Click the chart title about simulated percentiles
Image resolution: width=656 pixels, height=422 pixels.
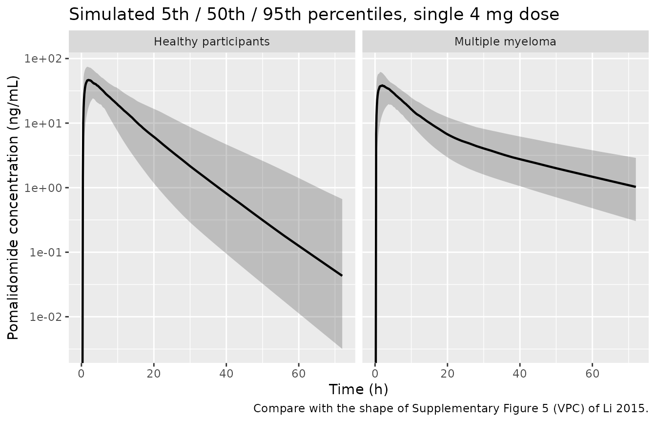click(314, 14)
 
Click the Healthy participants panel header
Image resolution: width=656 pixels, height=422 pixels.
click(212, 42)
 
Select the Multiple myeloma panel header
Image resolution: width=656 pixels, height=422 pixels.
click(505, 42)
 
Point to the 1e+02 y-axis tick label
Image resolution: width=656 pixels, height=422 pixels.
click(43, 59)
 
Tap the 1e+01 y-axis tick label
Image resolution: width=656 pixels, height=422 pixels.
click(43, 124)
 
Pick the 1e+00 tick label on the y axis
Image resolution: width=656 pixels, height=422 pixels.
click(43, 188)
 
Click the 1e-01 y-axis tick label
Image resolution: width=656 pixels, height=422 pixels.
click(46, 253)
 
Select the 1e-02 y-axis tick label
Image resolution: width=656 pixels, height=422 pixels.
click(46, 317)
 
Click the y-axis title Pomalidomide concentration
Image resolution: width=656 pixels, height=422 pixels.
click(13, 208)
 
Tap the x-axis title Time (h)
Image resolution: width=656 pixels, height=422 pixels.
click(358, 389)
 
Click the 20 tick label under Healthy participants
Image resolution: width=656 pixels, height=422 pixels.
click(154, 374)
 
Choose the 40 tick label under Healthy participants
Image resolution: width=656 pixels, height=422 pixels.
click(226, 374)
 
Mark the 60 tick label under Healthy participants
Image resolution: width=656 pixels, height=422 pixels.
click(299, 374)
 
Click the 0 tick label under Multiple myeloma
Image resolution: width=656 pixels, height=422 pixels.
click(375, 374)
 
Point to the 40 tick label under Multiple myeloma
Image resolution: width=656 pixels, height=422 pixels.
click(520, 374)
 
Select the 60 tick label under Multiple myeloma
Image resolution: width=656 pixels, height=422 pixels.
click(593, 374)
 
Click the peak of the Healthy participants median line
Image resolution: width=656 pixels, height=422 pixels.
click(88, 80)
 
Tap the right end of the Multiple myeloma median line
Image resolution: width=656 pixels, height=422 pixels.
click(635, 187)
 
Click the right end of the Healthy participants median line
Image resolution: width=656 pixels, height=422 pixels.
click(342, 275)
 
